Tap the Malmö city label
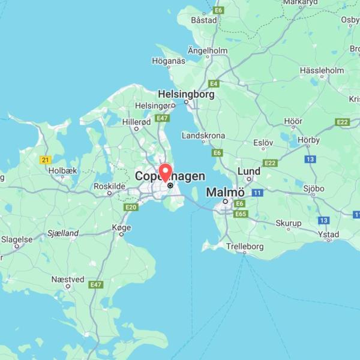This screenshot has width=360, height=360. click(x=225, y=193)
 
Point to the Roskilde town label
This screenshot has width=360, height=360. click(x=109, y=186)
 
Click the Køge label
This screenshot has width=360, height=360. click(x=121, y=227)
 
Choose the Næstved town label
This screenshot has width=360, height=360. click(x=68, y=280)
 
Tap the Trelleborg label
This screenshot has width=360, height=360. click(x=245, y=246)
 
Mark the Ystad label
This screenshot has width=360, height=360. click(x=329, y=235)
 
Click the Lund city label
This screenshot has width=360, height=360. click(x=249, y=172)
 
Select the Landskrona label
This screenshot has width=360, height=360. click(x=203, y=136)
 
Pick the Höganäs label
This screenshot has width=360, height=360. click(x=169, y=61)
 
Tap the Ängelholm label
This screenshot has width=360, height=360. click(x=208, y=51)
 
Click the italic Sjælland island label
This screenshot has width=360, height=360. click(x=63, y=233)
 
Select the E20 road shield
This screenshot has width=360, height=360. click(x=131, y=207)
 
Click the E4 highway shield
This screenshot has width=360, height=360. click(x=214, y=83)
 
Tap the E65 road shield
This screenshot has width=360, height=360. click(x=241, y=214)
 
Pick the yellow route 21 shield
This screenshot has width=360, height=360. click(x=45, y=160)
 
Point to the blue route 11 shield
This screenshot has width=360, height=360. click(x=257, y=193)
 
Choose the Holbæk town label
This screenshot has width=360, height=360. click(x=63, y=170)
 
